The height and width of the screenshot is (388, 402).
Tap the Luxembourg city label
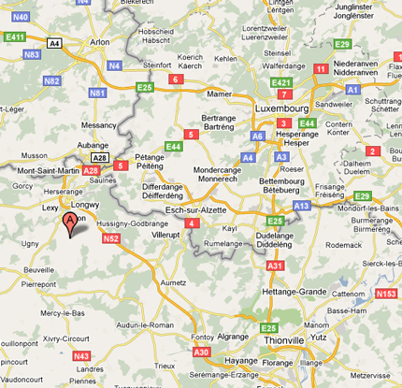pos(280,108)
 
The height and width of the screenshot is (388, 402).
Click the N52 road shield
pos(111,239)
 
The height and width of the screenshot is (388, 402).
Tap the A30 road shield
pos(201,352)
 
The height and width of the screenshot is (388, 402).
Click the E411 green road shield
pos(14,36)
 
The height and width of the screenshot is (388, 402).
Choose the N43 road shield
pos(81,355)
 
